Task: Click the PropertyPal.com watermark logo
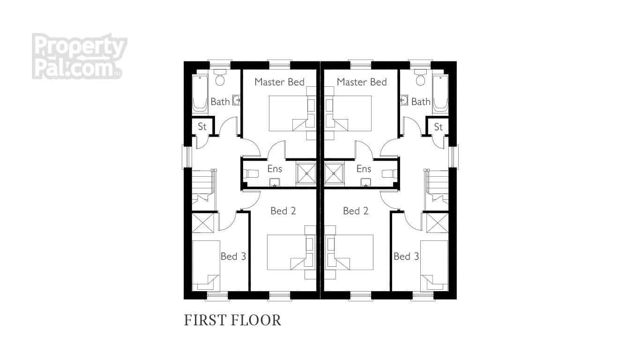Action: (x=79, y=56)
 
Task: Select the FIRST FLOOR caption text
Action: (x=232, y=320)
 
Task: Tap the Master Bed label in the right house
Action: (x=362, y=82)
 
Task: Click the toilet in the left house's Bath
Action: (x=220, y=78)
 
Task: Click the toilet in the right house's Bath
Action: (x=420, y=78)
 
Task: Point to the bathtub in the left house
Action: (x=200, y=94)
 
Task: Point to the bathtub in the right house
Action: (x=440, y=94)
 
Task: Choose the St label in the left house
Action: (x=202, y=127)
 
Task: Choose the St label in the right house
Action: (x=438, y=127)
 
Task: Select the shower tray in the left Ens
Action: (x=307, y=173)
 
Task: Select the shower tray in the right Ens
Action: (x=334, y=173)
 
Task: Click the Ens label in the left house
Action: (x=275, y=169)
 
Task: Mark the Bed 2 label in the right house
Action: (x=356, y=211)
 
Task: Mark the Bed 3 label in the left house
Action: (x=233, y=256)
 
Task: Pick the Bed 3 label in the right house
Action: (x=406, y=256)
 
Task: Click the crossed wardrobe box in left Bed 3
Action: (x=203, y=223)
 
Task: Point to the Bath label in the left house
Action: (x=220, y=102)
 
